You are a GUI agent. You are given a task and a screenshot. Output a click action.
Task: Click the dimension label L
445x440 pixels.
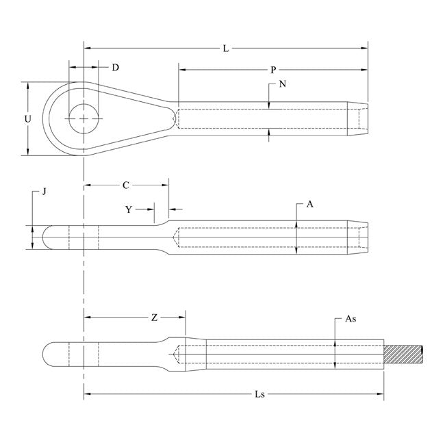tap(226, 49)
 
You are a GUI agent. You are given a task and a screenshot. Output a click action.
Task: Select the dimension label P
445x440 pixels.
tap(273, 70)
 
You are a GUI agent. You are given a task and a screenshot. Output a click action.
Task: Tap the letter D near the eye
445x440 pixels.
tap(115, 68)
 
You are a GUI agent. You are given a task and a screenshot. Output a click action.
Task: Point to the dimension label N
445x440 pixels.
tap(282, 84)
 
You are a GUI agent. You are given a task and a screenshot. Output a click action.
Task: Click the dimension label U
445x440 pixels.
tap(27, 119)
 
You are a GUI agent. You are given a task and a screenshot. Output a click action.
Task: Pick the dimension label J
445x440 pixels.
tap(44, 192)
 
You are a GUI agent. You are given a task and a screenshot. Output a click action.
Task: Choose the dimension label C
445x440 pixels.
tap(126, 185)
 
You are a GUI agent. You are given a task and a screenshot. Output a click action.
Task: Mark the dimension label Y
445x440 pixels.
tap(129, 209)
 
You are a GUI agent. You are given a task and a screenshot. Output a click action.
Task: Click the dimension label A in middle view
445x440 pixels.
tap(309, 204)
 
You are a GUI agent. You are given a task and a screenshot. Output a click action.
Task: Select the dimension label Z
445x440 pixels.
tap(154, 318)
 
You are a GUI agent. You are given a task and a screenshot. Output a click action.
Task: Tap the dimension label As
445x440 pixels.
tap(351, 319)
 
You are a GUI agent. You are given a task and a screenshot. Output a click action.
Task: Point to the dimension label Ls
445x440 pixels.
tap(259, 394)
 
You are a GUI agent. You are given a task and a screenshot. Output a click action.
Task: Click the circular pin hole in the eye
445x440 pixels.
tap(84, 118)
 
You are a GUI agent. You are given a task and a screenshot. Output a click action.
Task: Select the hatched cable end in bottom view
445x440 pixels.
tap(403, 354)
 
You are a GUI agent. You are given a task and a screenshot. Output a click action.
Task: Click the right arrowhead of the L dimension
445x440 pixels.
tap(365, 48)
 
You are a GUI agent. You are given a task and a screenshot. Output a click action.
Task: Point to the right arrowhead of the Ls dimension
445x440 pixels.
tap(380, 393)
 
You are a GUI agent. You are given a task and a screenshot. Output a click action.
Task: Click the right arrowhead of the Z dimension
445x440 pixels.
tap(182, 317)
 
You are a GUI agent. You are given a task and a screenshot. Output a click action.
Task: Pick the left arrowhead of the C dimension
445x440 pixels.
tap(88, 185)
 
